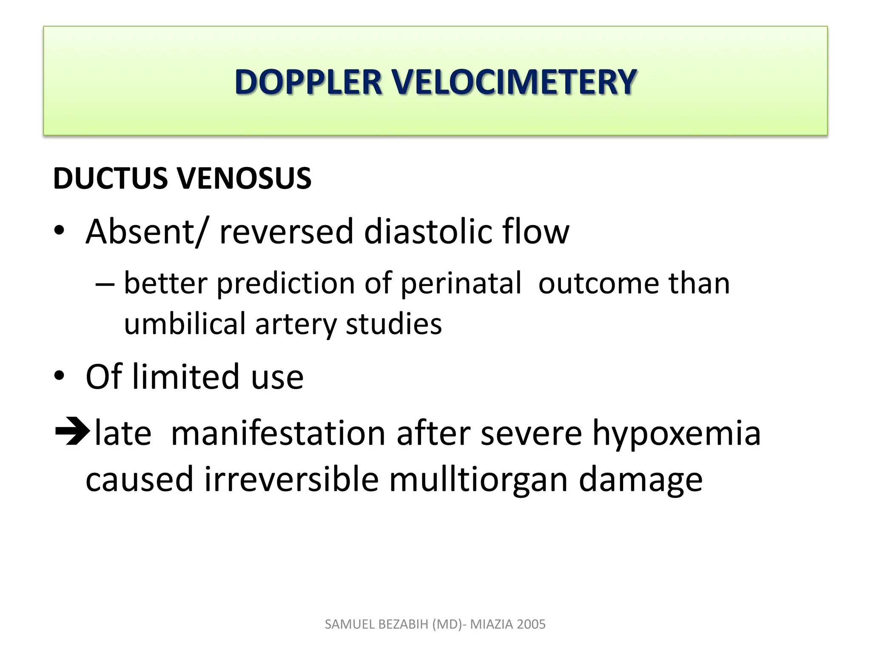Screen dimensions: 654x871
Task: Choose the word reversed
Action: click(x=286, y=232)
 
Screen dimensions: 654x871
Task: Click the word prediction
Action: click(x=286, y=284)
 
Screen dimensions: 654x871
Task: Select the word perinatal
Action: click(x=461, y=284)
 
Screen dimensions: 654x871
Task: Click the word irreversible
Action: click(x=291, y=479)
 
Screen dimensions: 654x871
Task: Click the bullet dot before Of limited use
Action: click(x=59, y=376)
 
